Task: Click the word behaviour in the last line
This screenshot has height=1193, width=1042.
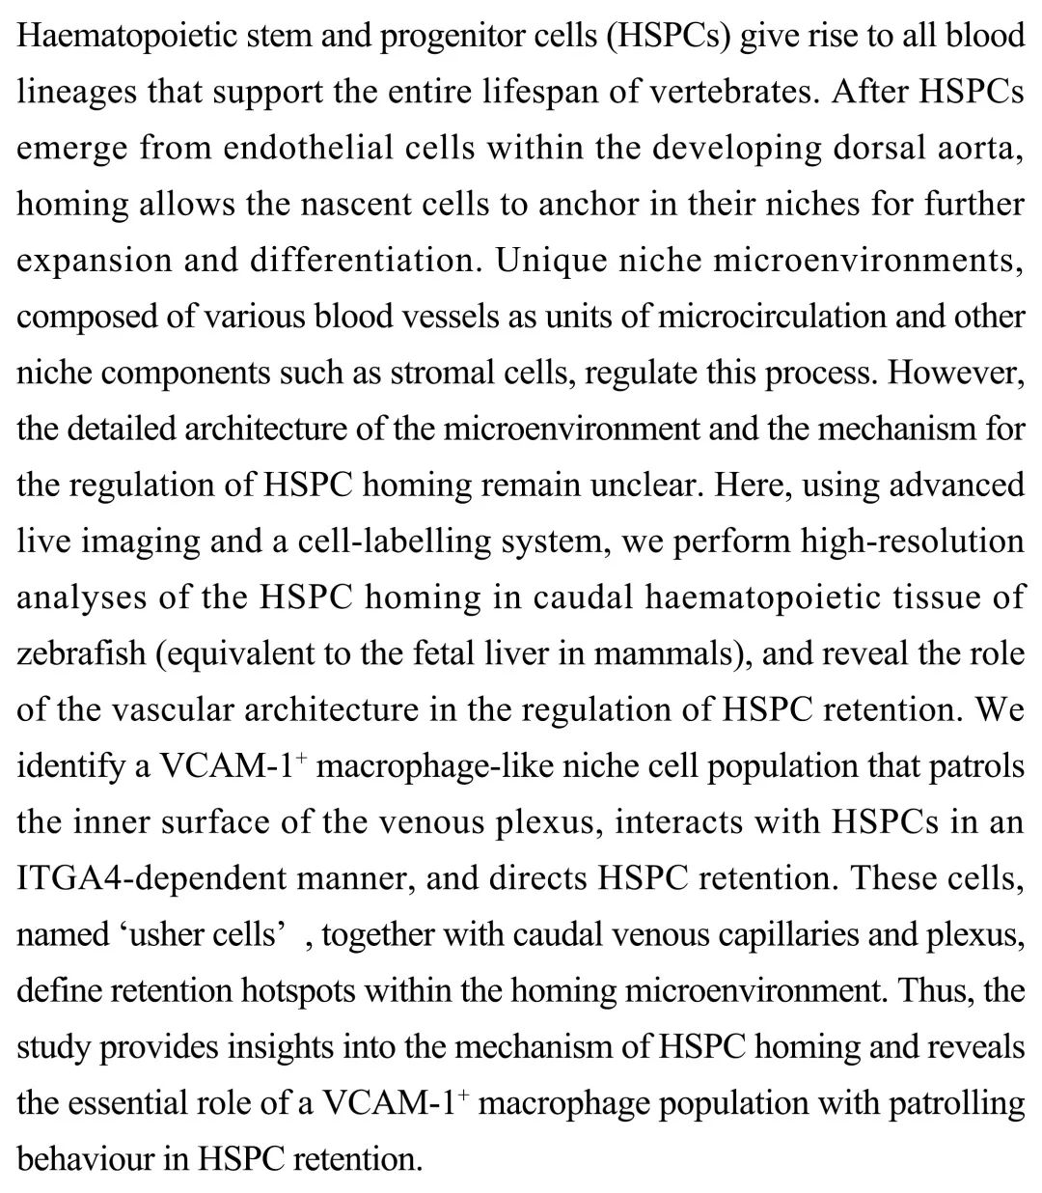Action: [x=85, y=1157]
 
